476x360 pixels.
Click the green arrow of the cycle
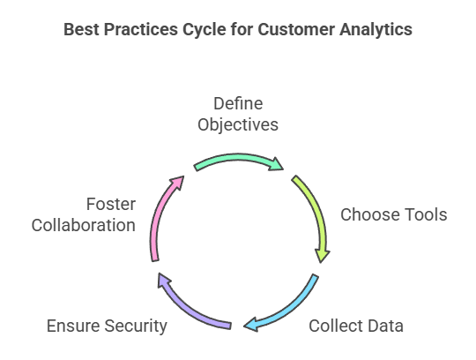pyautogui.click(x=238, y=158)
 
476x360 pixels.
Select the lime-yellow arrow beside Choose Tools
pyautogui.click(x=318, y=213)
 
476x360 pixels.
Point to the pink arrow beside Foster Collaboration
pyautogui.click(x=157, y=213)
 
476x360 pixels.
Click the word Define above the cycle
pyautogui.click(x=238, y=103)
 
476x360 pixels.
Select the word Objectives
pyautogui.click(x=238, y=125)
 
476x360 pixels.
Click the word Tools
pyautogui.click(x=420, y=214)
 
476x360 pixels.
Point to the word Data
pyautogui.click(x=385, y=326)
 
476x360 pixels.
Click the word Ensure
pyautogui.click(x=73, y=326)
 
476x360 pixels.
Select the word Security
pyautogui.click(x=136, y=326)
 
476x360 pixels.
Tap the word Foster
pyautogui.click(x=111, y=204)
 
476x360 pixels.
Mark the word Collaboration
pyautogui.click(x=84, y=225)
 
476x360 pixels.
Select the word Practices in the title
pyautogui.click(x=141, y=29)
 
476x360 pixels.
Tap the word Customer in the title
pyautogui.click(x=296, y=29)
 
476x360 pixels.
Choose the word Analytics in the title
pyautogui.click(x=376, y=30)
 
